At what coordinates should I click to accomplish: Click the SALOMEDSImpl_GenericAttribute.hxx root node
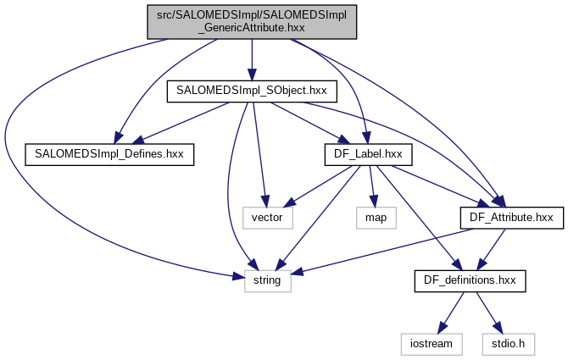pos(252,19)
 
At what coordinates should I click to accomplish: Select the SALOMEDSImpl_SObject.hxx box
pos(252,90)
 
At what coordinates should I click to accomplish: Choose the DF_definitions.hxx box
pos(469,279)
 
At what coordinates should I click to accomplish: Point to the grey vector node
pos(269,217)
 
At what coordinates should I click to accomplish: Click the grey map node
pos(375,217)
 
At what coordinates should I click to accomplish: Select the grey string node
pos(268,279)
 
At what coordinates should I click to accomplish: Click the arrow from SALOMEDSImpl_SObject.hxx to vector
pos(259,152)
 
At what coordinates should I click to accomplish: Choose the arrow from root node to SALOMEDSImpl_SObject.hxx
pos(252,59)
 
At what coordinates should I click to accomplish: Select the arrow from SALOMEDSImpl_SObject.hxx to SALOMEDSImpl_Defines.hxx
pos(182,121)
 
